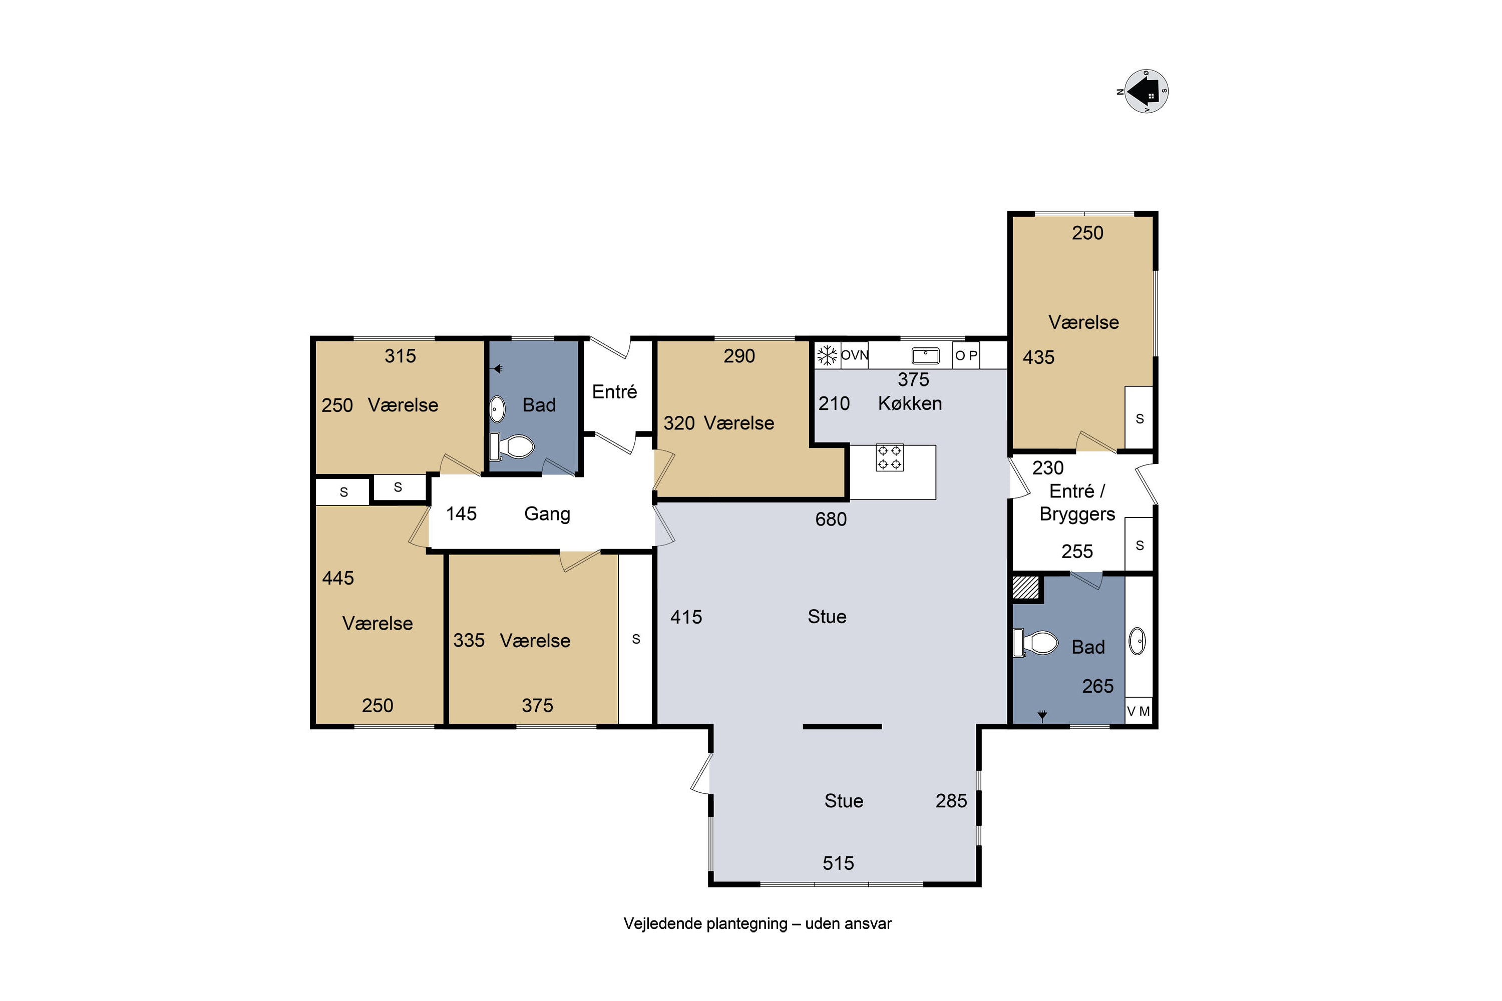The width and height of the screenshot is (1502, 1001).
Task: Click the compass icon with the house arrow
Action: tap(1146, 91)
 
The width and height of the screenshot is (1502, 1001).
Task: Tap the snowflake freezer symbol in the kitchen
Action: tap(827, 355)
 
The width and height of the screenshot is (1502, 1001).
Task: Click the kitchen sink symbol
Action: tap(925, 355)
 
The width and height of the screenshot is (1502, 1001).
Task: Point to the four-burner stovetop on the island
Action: tap(889, 458)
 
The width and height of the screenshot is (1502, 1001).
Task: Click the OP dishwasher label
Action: tap(966, 355)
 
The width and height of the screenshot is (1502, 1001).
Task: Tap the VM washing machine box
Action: tap(1138, 711)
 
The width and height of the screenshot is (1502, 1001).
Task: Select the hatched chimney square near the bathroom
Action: tap(1025, 587)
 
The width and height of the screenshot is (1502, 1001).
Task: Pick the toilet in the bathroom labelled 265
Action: tap(1035, 643)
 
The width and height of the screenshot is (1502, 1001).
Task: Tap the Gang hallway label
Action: tap(547, 514)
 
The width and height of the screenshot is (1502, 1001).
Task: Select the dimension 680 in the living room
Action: tap(830, 519)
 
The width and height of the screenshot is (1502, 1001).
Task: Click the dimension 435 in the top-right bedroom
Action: tap(1038, 357)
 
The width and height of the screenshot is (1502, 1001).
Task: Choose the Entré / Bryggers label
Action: tap(1077, 503)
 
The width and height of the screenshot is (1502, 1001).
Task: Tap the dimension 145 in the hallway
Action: tap(461, 514)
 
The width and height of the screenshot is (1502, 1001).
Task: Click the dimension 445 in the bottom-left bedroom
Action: tap(338, 579)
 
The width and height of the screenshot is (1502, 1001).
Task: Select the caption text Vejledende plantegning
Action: tap(705, 924)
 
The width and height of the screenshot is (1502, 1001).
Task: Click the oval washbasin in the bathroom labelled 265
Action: tap(1138, 642)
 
